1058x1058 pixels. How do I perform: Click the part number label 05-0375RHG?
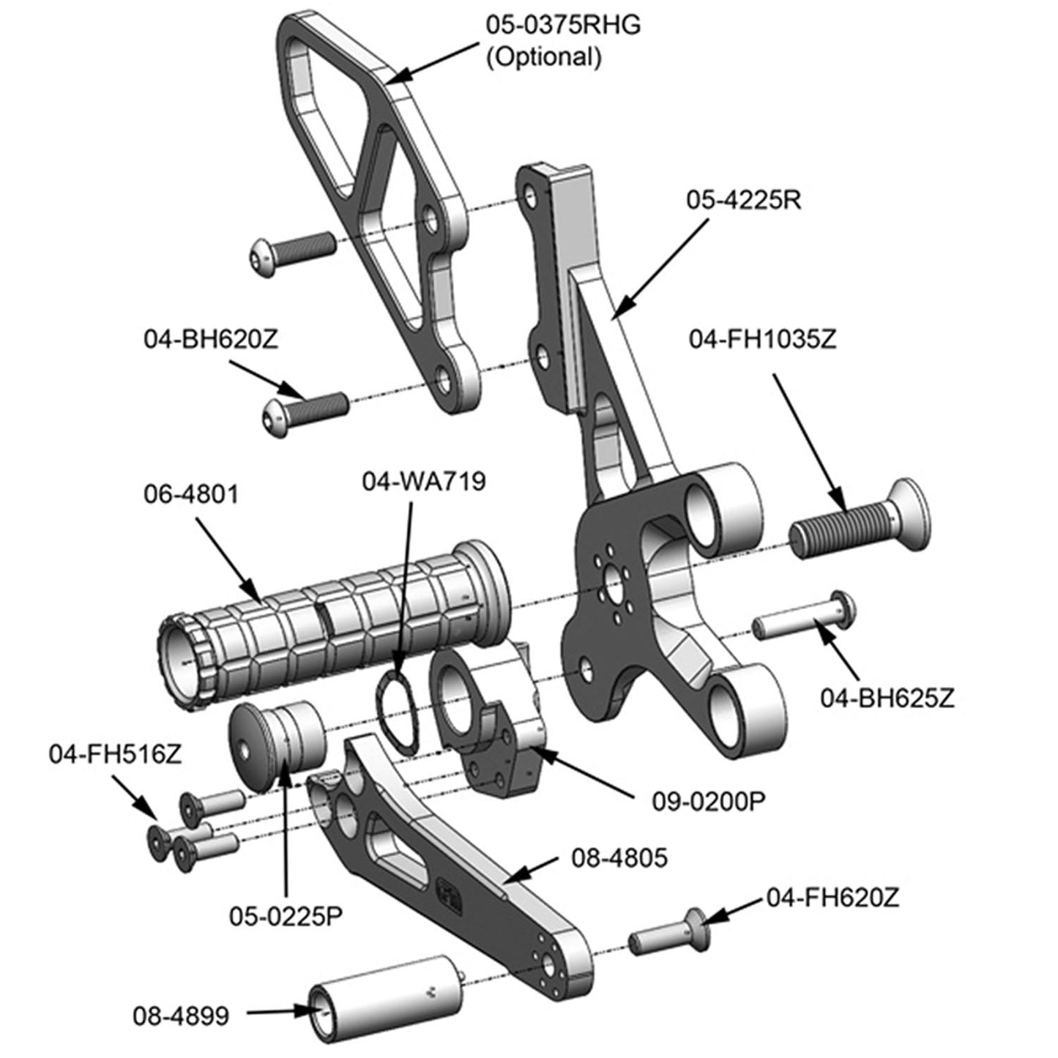click(563, 24)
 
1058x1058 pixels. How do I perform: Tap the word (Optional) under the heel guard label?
click(544, 56)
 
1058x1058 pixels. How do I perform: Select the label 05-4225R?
click(743, 199)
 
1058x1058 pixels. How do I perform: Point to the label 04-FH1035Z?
click(761, 340)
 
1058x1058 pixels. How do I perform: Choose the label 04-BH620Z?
click(210, 340)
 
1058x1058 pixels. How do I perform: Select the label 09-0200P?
click(708, 800)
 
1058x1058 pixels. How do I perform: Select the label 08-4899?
click(181, 1016)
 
